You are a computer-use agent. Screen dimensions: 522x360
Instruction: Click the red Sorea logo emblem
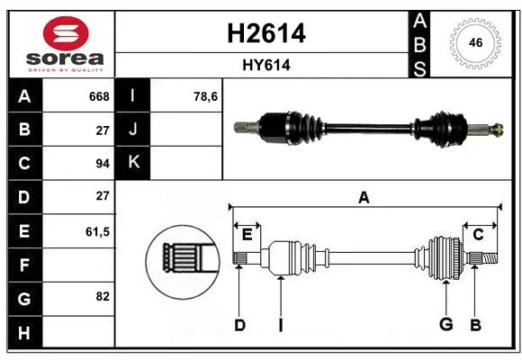pyautogui.click(x=66, y=33)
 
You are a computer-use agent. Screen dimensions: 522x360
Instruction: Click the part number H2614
pyautogui.click(x=266, y=33)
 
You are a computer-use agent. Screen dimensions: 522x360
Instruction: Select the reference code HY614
pyautogui.click(x=266, y=65)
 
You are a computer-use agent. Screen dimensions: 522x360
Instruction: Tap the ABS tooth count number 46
pyautogui.click(x=475, y=42)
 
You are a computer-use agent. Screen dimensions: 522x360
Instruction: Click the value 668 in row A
pyautogui.click(x=99, y=96)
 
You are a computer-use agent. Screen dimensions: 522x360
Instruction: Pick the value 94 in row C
pyautogui.click(x=103, y=164)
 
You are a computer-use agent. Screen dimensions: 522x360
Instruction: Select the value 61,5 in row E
pyautogui.click(x=97, y=231)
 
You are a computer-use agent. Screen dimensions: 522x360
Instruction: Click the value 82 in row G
pyautogui.click(x=103, y=296)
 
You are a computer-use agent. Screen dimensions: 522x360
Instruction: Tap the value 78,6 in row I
pyautogui.click(x=206, y=96)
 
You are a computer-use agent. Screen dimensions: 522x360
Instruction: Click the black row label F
pyautogui.click(x=25, y=265)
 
